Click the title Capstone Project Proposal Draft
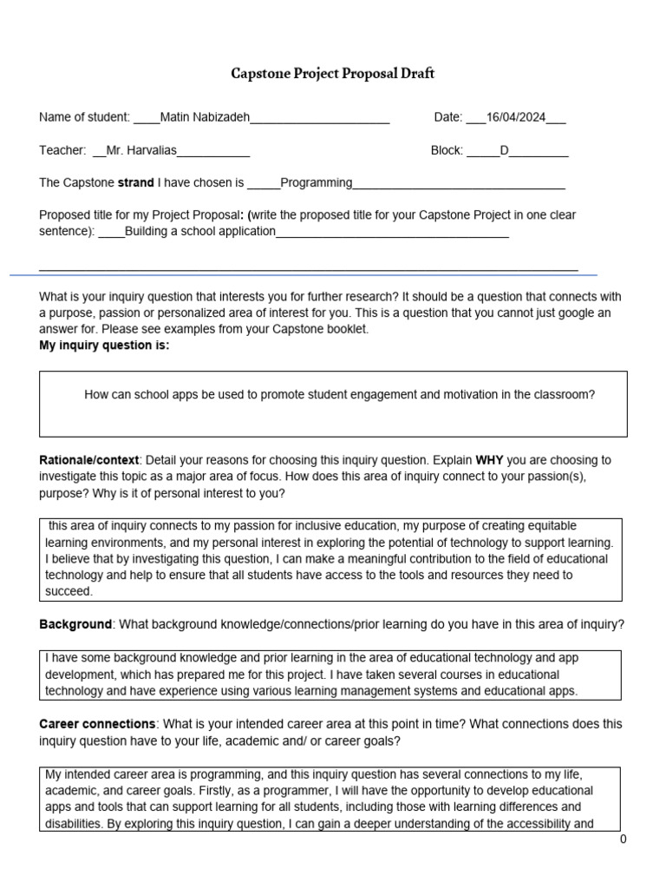point(332,74)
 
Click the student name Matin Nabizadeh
point(205,118)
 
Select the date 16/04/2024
point(516,118)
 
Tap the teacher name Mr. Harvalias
point(141,150)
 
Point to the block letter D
point(505,150)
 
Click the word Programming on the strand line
point(317,182)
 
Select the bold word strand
point(136,182)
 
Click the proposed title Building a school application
point(200,231)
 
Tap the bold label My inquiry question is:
point(104,346)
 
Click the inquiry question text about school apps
point(339,394)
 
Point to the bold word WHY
point(490,459)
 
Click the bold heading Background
point(75,625)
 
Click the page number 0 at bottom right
point(623,840)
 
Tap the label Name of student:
point(84,118)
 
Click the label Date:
point(448,118)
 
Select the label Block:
point(447,150)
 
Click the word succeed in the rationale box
point(68,591)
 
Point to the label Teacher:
point(62,150)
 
